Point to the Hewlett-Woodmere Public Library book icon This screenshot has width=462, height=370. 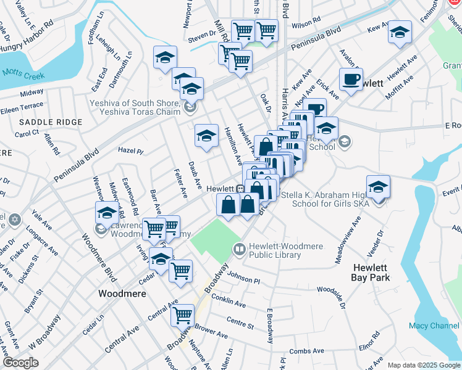tap(239, 249)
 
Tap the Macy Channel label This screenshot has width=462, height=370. tap(434, 325)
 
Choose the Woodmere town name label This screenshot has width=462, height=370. tap(122, 294)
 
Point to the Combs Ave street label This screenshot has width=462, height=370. tap(306, 351)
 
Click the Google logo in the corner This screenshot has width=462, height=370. tap(20, 363)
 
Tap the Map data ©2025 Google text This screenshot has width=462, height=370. tap(423, 365)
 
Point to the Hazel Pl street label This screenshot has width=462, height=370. tap(130, 151)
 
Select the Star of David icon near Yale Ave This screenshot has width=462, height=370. tap(14, 220)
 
